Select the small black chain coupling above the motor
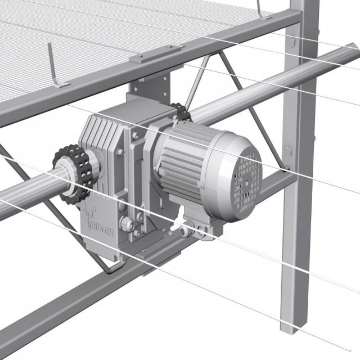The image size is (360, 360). (181, 112)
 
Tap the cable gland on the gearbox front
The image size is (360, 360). (127, 222)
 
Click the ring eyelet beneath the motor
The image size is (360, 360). (184, 231)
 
